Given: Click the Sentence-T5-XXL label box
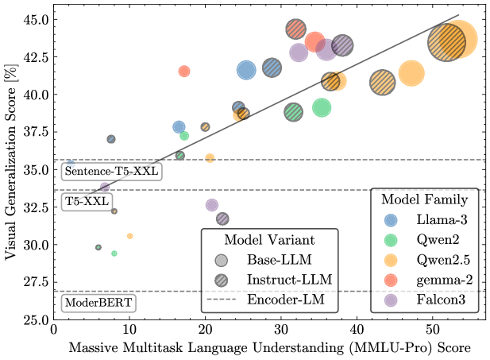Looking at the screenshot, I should click(112, 171).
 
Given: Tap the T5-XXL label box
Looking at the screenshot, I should click(87, 202).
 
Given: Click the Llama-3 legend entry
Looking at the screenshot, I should click(429, 219).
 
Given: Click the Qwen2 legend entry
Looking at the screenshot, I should click(429, 238).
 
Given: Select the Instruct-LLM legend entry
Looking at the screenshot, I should click(270, 279).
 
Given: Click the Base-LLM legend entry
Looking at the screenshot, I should click(270, 260).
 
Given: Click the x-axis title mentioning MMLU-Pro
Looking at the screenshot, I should click(269, 347).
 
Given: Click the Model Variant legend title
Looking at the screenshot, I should click(269, 239).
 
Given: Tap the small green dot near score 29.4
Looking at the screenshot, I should click(114, 254).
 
